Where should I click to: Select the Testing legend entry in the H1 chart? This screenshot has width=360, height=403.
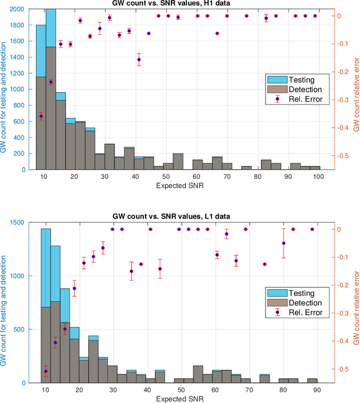(x=301, y=79)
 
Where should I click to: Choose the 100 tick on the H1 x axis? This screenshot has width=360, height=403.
(x=318, y=176)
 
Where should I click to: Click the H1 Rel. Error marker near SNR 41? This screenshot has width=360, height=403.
(x=139, y=60)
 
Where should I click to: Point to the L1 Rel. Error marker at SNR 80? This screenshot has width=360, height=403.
(x=283, y=243)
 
